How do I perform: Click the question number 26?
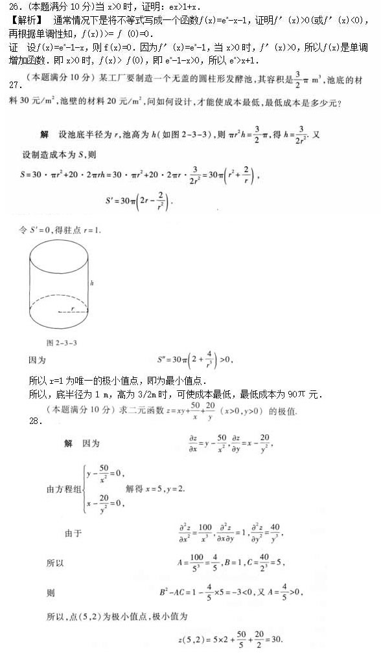pos(9,7)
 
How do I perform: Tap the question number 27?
pos(10,84)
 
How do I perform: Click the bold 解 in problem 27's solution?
pos(44,134)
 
